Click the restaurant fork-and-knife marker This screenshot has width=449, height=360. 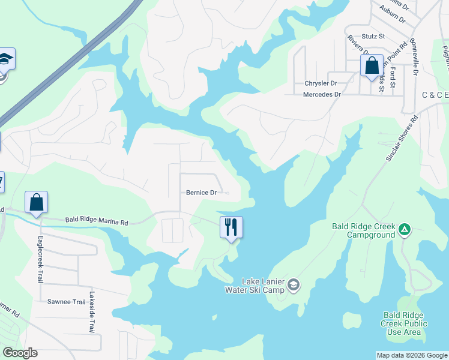point(231,227)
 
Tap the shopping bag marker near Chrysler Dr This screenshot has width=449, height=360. point(372,65)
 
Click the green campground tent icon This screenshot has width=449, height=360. point(405,229)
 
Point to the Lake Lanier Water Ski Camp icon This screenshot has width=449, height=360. point(294,283)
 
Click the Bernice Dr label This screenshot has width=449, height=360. point(200,193)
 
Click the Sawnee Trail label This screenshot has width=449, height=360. point(67,302)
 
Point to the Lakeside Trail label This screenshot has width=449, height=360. point(92,312)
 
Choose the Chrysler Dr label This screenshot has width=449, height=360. point(321,83)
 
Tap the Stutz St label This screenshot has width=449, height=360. point(373,37)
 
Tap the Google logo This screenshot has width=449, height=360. point(20,353)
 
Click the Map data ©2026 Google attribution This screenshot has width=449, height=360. point(411,355)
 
